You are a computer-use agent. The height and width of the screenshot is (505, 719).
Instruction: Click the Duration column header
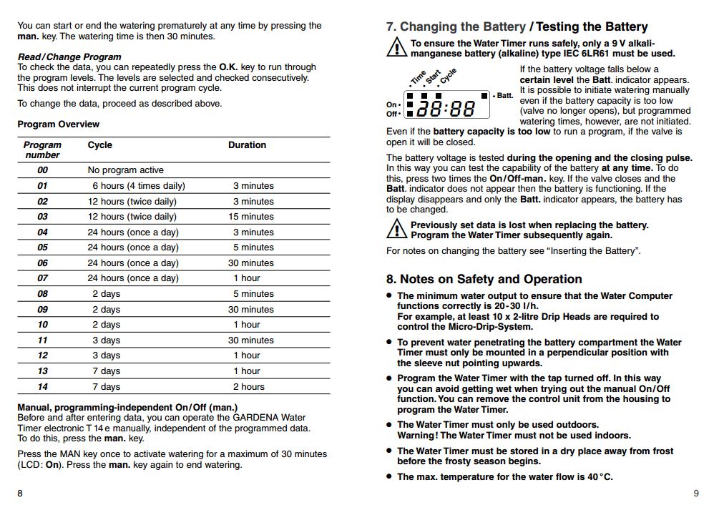click(x=247, y=145)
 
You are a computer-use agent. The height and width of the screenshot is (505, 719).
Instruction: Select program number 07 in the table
click(x=43, y=278)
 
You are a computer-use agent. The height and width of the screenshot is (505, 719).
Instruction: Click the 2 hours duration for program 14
click(x=249, y=387)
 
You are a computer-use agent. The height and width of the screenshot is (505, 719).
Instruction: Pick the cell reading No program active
click(x=125, y=170)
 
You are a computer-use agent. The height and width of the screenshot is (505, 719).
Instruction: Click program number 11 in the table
click(x=43, y=340)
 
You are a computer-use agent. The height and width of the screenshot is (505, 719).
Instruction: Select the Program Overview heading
click(x=59, y=124)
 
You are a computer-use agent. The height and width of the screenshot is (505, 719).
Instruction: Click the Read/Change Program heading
click(x=69, y=57)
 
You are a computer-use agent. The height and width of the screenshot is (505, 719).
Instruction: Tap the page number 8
click(x=20, y=493)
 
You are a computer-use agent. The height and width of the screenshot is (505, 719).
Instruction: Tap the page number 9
click(x=696, y=493)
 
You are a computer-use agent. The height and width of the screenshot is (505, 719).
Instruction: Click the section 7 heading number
click(x=391, y=27)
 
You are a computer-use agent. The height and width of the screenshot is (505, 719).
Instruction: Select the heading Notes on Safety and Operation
click(x=491, y=279)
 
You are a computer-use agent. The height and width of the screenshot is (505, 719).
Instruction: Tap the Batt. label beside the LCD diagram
click(x=504, y=95)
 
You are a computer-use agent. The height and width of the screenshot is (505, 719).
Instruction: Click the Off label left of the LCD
click(x=392, y=114)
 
